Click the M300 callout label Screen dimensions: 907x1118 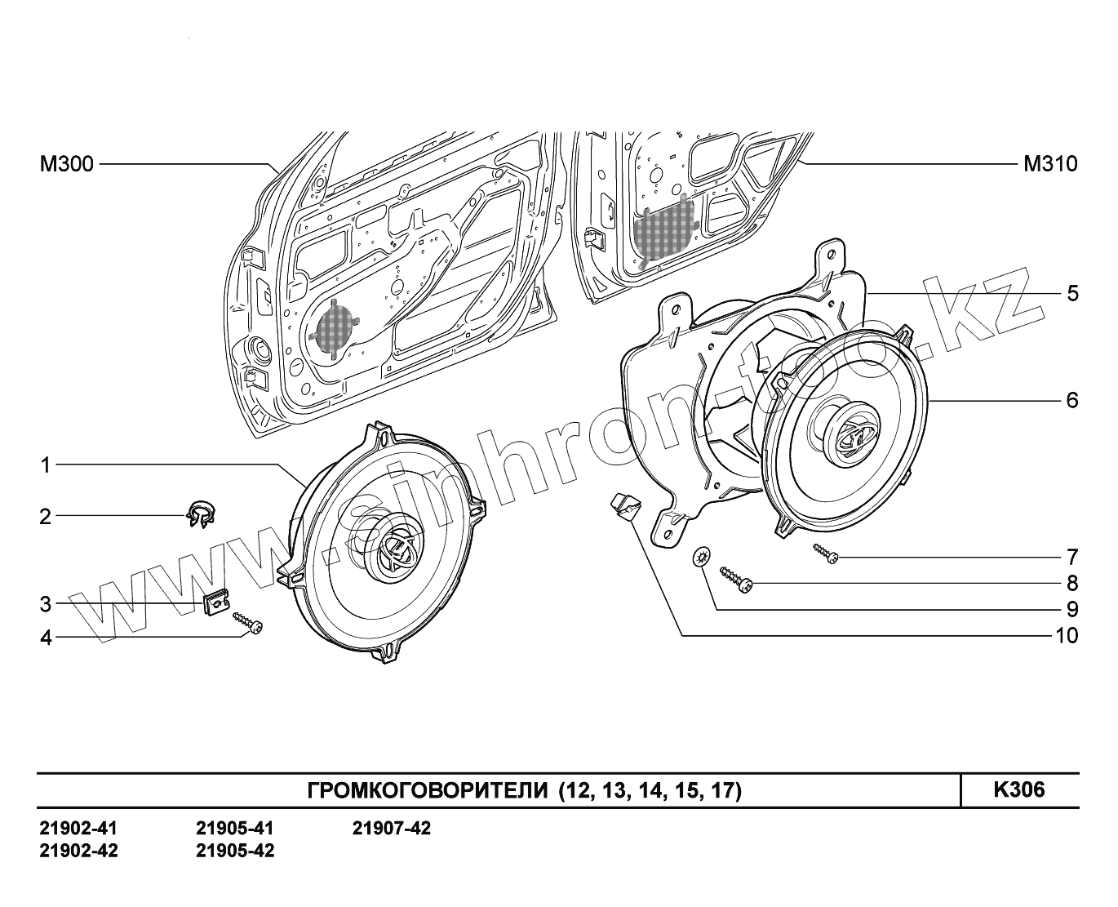click(67, 165)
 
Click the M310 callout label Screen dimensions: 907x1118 click(1050, 165)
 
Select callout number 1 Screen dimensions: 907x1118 click(47, 465)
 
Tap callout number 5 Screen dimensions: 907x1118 click(1072, 293)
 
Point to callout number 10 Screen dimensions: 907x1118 click(1067, 635)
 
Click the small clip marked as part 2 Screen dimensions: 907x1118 click(197, 514)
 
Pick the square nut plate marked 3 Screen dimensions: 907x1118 click(215, 605)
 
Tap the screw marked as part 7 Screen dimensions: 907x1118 click(824, 554)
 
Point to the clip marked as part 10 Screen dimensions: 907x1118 click(625, 506)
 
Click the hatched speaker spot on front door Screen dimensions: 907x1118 click(335, 327)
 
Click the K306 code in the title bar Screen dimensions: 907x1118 click(1018, 789)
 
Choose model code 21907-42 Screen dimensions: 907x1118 click(392, 829)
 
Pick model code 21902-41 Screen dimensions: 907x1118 click(78, 829)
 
